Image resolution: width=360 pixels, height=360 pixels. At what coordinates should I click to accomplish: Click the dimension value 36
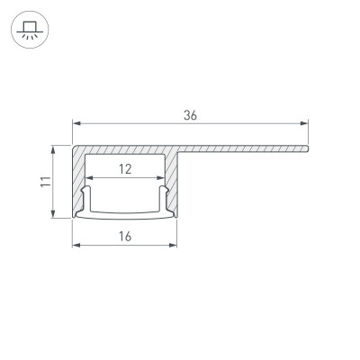[189, 115]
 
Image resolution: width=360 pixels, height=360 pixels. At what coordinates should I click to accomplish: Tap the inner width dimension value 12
[125, 167]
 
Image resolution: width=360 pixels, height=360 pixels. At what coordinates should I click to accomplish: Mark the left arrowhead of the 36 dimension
[76, 124]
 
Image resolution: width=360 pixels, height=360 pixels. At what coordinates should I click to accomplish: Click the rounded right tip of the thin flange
[308, 148]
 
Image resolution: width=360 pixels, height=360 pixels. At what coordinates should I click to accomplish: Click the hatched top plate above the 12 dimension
[126, 151]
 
